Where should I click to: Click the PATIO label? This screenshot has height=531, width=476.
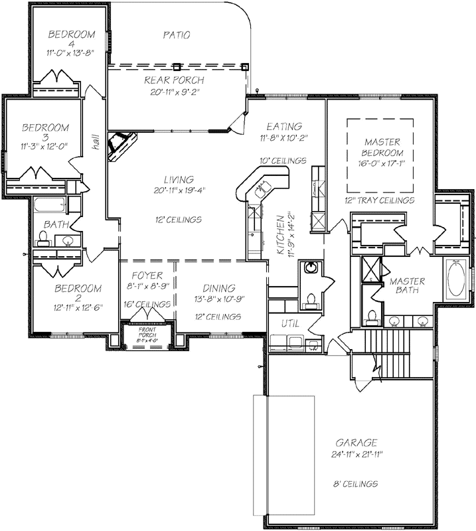click(x=176, y=35)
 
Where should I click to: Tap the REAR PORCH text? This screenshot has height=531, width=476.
click(x=175, y=81)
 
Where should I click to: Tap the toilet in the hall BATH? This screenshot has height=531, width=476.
click(x=45, y=238)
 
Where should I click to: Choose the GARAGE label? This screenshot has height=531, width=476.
click(x=356, y=443)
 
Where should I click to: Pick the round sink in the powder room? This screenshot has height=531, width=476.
click(x=310, y=269)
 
